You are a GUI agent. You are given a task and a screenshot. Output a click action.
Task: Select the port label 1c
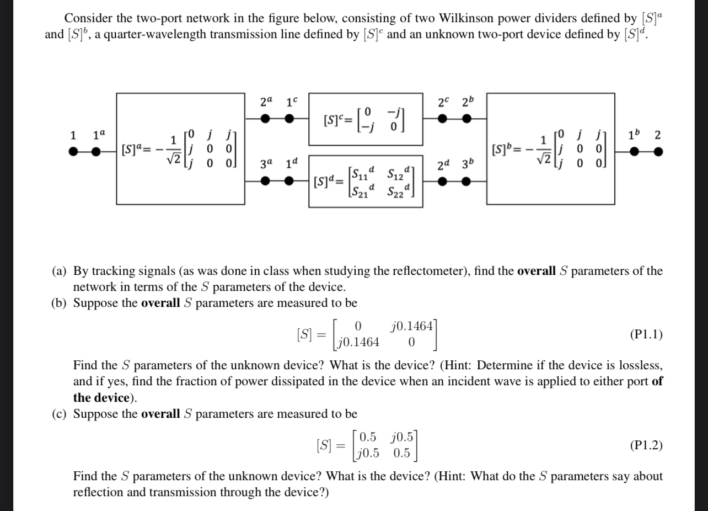292,103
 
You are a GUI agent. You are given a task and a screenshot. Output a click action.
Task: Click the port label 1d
292,164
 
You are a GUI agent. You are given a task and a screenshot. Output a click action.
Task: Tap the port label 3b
467,164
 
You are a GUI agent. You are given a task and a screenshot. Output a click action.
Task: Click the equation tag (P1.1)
646,334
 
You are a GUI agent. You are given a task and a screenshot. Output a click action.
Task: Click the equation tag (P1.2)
646,445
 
